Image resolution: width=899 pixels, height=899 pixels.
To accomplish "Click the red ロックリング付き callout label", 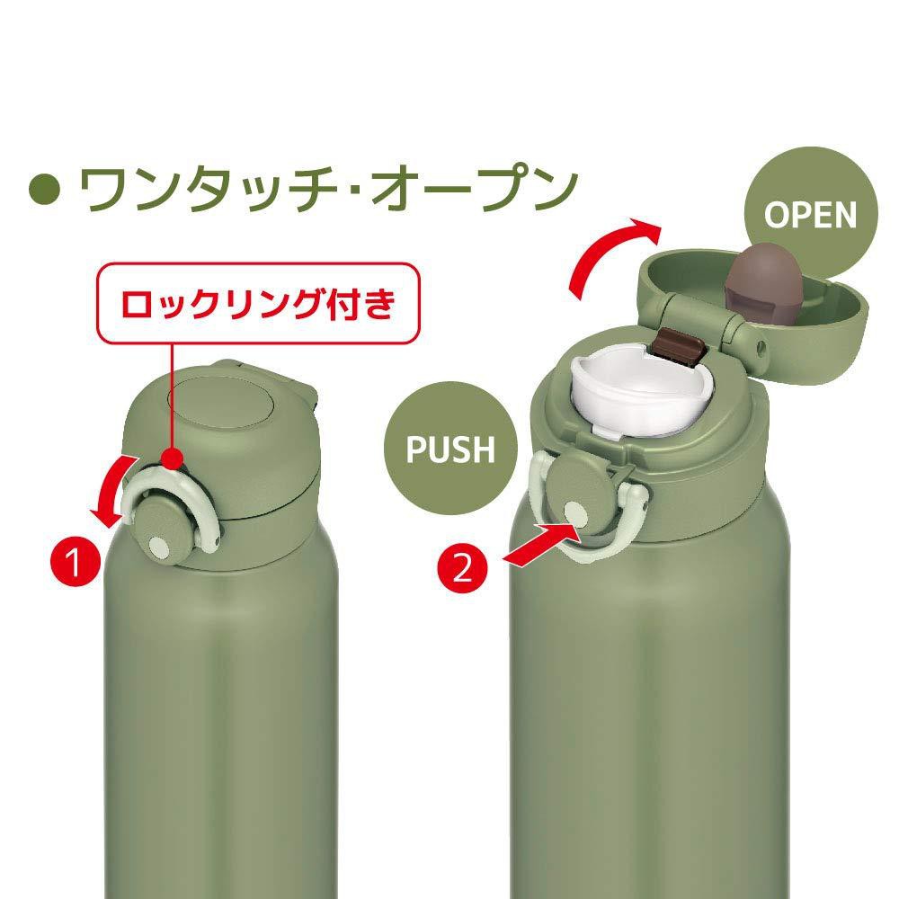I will pyautogui.click(x=258, y=305).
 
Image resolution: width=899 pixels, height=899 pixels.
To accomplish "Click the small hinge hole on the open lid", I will pyautogui.click(x=762, y=345).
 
